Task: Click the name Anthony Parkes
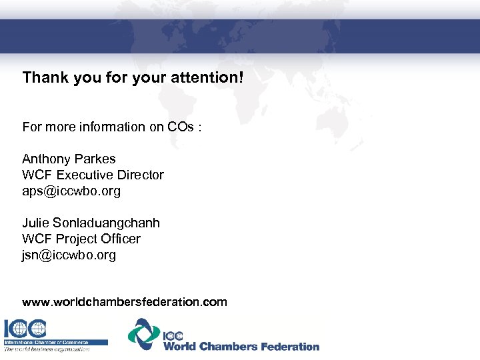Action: [69, 159]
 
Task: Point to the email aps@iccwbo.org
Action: [71, 191]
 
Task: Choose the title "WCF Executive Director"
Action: [93, 175]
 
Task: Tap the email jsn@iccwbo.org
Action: [69, 255]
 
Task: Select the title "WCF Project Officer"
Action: [81, 239]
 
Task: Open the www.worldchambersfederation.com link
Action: [125, 302]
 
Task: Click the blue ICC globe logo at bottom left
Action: [25, 328]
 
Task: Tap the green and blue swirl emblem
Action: [144, 333]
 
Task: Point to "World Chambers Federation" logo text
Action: [241, 346]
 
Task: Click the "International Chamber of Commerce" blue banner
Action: [55, 342]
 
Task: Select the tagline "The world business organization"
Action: [47, 349]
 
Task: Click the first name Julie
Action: [35, 223]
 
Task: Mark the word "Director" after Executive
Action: [139, 175]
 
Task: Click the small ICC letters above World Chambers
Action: [173, 336]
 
